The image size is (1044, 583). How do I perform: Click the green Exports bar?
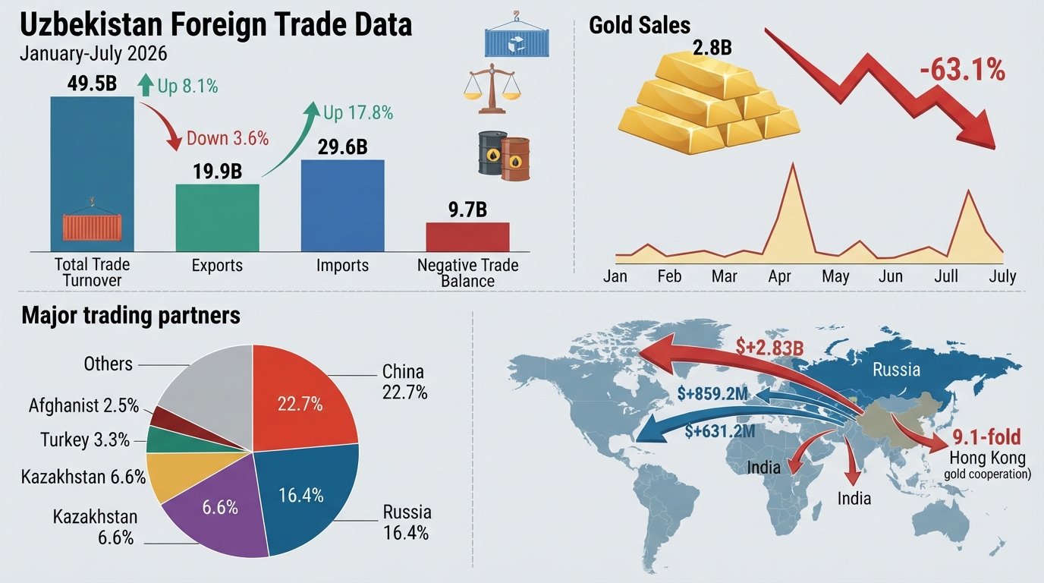[x=217, y=218]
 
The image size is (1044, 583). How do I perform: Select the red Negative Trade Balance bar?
[x=467, y=237]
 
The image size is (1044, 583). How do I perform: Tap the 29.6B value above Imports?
[x=343, y=147]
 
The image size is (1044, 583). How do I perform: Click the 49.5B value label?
[x=92, y=84]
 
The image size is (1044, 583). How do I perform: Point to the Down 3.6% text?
[x=228, y=138]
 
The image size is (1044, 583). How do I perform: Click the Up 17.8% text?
[x=358, y=113]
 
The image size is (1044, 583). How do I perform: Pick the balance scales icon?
[x=492, y=89]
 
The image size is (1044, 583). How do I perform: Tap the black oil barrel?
[x=491, y=153]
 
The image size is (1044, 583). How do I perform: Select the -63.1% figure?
[x=962, y=71]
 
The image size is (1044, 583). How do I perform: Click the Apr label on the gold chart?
[x=779, y=276]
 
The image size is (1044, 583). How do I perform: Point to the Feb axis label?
[x=669, y=276]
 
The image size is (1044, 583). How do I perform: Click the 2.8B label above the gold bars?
[x=712, y=48]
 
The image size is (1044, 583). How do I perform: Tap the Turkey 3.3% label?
[x=85, y=440]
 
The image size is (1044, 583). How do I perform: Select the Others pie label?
[x=108, y=364]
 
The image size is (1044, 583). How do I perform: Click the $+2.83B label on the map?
[x=769, y=347]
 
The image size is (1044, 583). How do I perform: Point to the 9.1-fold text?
[x=986, y=437]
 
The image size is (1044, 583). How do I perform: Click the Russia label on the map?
[x=896, y=370]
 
